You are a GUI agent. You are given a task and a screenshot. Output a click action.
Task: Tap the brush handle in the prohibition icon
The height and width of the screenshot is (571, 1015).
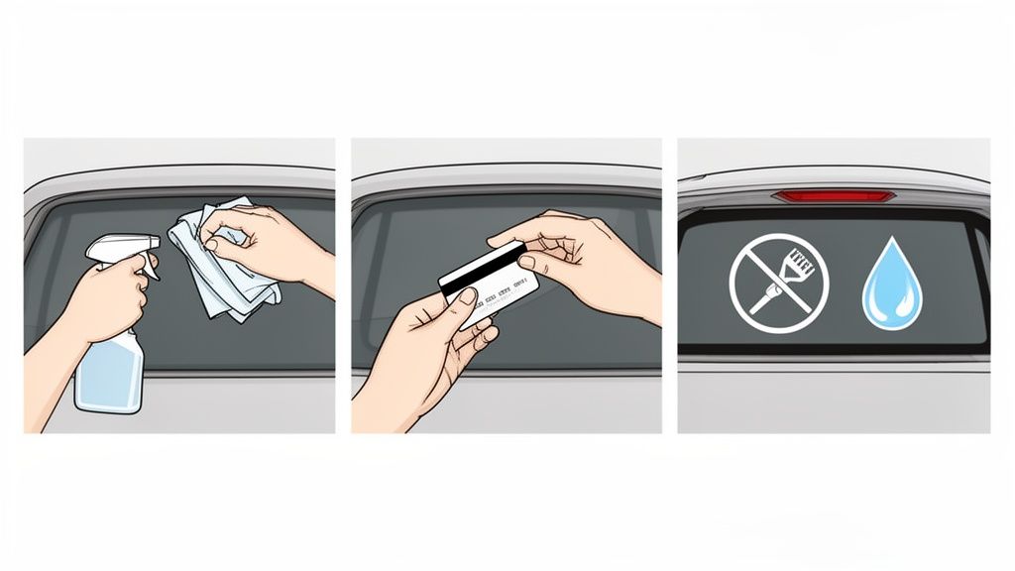pos(763,297)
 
